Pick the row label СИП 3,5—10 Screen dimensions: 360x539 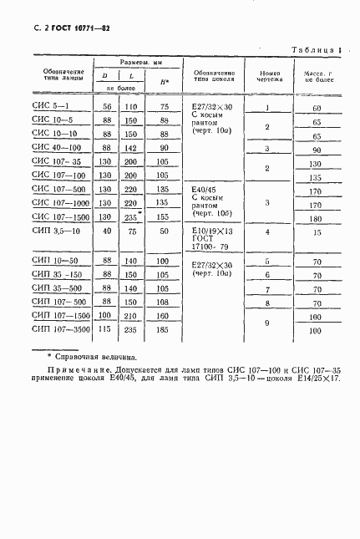click(x=57, y=232)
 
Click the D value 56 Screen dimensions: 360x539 click(x=107, y=108)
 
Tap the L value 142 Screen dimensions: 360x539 click(x=130, y=149)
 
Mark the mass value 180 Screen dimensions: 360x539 click(x=316, y=218)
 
